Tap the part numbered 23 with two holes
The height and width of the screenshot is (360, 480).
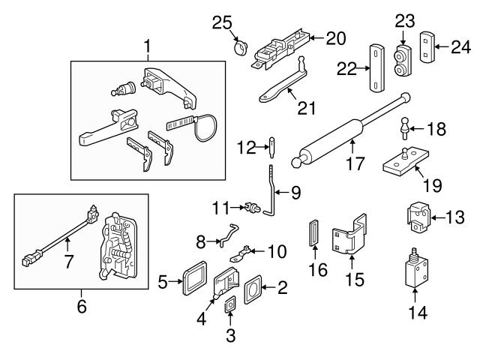click(403, 58)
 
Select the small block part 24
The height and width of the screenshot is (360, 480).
click(427, 48)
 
